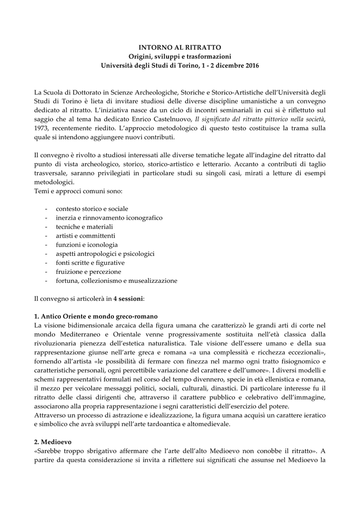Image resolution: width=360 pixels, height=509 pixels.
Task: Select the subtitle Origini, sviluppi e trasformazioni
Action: coord(180,56)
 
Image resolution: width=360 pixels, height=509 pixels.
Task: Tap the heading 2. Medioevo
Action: coord(55,441)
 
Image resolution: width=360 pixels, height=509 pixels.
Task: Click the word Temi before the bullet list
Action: coord(42,191)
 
